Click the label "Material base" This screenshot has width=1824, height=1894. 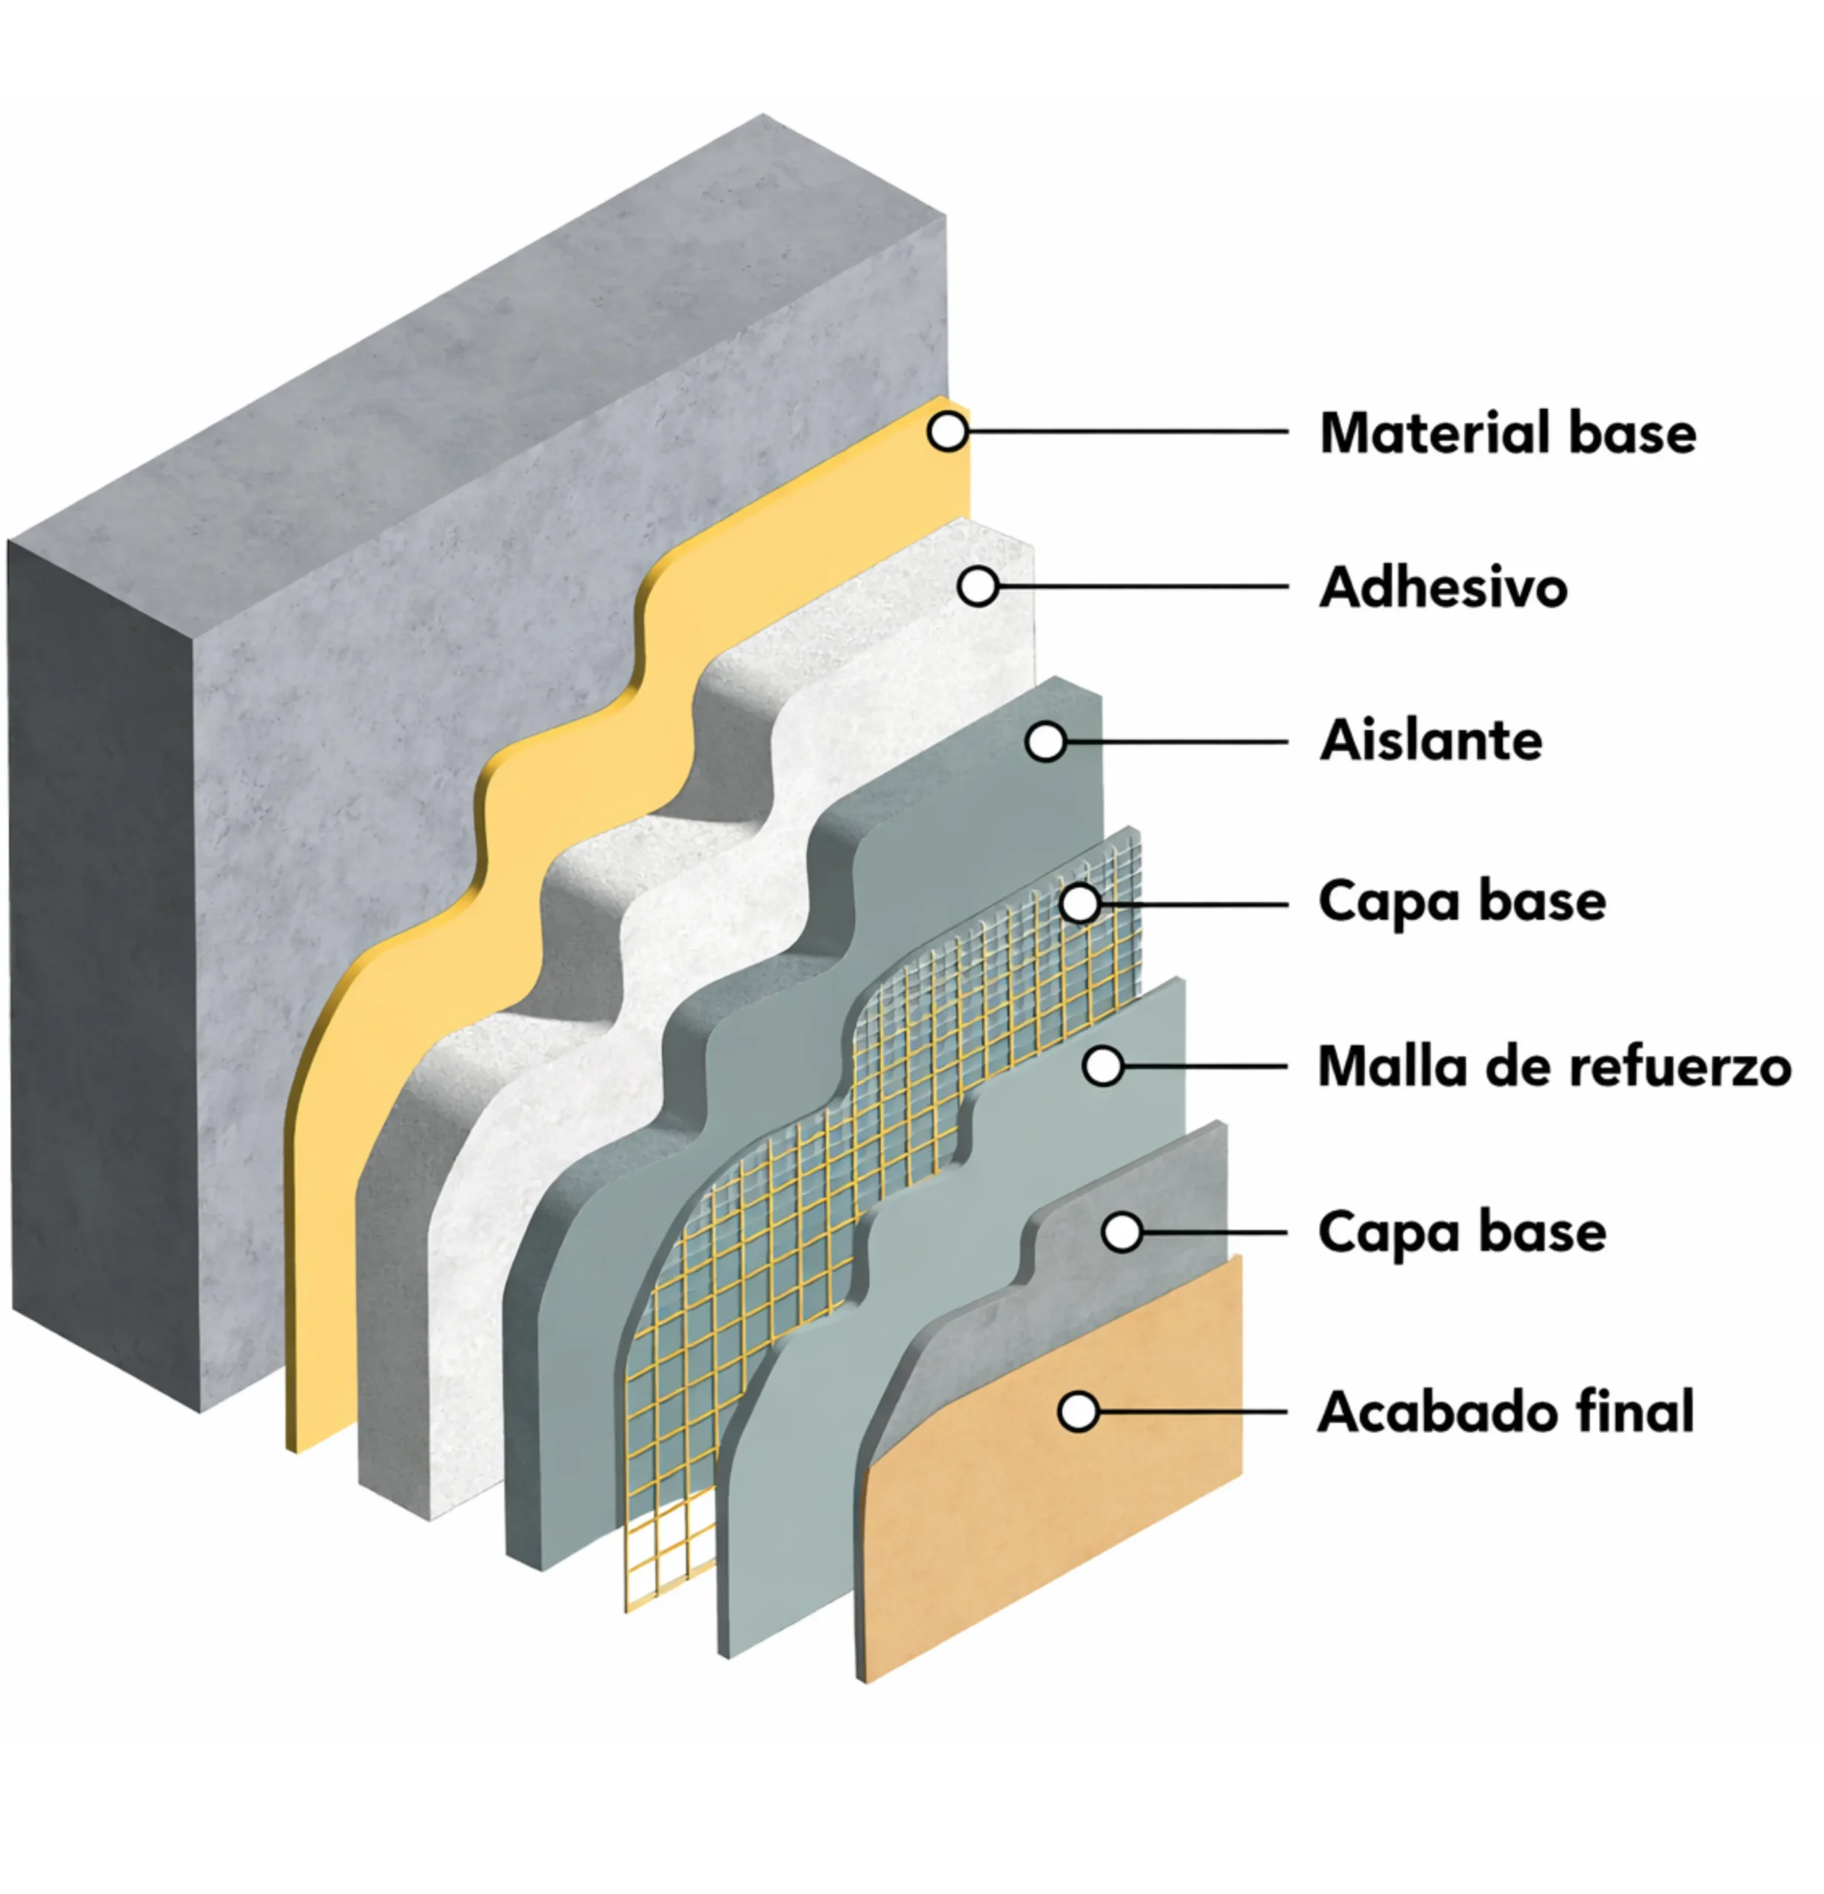click(x=1507, y=432)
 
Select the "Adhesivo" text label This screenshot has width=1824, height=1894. click(x=1444, y=587)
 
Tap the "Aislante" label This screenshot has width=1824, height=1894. click(x=1431, y=741)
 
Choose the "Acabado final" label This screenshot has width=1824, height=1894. click(x=1506, y=1412)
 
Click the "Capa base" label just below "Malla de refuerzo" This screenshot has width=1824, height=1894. click(x=1461, y=1234)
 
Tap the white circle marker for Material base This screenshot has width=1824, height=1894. click(x=948, y=431)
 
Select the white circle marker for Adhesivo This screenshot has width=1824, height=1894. click(x=977, y=586)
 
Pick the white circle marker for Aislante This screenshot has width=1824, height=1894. click(x=1045, y=741)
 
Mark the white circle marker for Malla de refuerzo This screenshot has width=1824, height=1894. click(x=1102, y=1066)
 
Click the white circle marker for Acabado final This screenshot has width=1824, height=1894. click(x=1078, y=1412)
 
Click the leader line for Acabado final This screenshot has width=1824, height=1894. click(x=1192, y=1412)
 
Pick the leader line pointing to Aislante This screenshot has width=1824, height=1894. click(x=1176, y=741)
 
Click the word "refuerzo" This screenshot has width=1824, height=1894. click(x=1680, y=1067)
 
